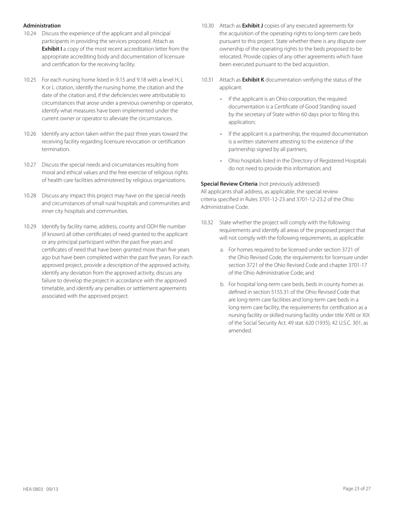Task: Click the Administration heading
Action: point(42,26)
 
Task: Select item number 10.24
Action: point(30,34)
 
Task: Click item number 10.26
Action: point(30,134)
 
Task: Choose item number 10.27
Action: point(30,165)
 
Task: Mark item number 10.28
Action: point(30,196)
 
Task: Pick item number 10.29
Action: point(30,226)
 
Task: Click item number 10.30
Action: point(207,26)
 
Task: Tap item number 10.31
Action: point(207,80)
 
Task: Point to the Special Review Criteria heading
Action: point(229,184)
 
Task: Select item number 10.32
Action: point(207,223)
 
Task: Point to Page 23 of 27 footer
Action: point(357,489)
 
